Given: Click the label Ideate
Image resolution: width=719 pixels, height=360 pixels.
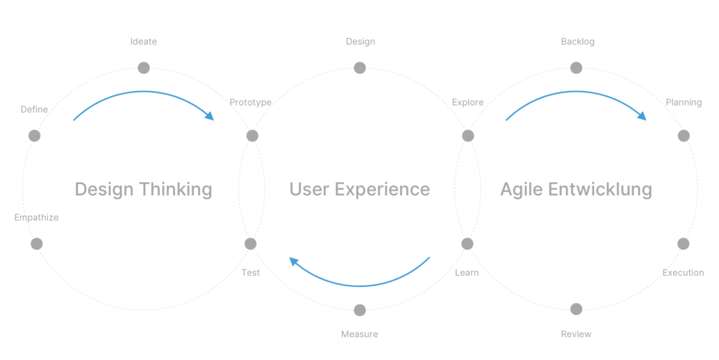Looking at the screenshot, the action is [144, 42].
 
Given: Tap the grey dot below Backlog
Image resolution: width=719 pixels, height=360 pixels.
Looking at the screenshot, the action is [577, 68].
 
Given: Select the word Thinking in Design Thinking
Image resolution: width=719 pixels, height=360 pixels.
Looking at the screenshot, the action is [176, 190].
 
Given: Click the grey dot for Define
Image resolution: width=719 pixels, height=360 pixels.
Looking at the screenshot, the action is [35, 136].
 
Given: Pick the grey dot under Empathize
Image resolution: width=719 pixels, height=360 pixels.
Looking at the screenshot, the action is [37, 244].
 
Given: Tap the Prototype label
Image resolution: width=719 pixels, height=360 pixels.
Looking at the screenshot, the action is [250, 102].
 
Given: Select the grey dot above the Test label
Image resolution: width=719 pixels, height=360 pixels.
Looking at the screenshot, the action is [250, 244].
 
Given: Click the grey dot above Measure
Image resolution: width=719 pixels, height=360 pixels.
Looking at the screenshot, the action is [360, 311].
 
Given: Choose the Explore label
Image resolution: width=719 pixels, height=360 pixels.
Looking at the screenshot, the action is [468, 102].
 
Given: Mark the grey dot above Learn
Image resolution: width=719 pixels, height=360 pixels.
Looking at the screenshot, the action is [468, 244].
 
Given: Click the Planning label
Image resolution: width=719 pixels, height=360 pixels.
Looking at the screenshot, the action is [684, 102].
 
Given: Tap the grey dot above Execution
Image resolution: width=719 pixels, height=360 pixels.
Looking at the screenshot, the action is [684, 244].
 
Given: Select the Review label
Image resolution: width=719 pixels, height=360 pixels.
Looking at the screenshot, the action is [576, 334].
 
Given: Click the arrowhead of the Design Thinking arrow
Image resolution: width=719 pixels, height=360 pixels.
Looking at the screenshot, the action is [210, 115].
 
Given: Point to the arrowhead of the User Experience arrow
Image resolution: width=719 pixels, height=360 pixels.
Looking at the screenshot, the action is [294, 262].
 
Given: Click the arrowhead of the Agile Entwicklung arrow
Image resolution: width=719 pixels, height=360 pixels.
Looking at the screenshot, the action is [642, 115].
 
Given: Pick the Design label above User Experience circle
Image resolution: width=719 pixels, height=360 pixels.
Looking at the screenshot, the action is [361, 42].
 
